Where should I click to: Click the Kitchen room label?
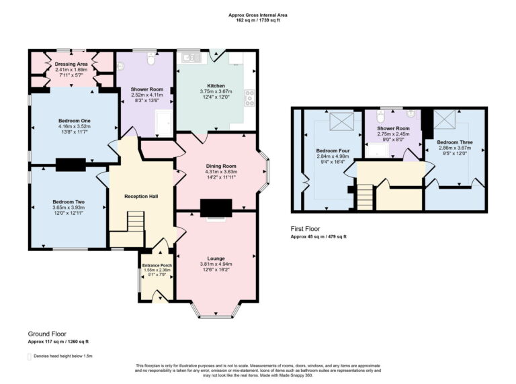click(x=216, y=85)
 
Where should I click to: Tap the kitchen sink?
click(x=187, y=58)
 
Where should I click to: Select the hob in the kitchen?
click(x=250, y=98)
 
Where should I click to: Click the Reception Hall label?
click(x=141, y=196)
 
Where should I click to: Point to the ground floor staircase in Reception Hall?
click(x=135, y=221)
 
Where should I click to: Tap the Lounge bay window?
click(x=215, y=310)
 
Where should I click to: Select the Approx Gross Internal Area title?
click(x=258, y=13)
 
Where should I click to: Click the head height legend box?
click(x=30, y=356)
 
